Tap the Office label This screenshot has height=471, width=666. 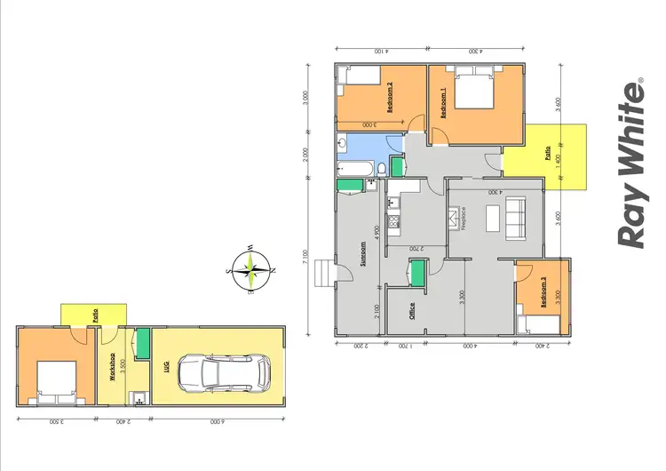(412, 312)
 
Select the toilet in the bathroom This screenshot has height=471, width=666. (381, 168)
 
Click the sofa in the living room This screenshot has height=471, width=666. (514, 216)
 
